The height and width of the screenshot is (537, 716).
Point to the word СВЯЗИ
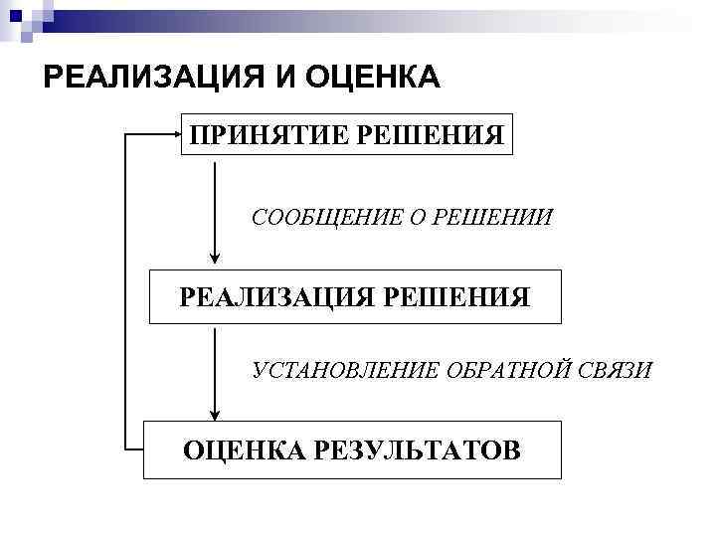click(618, 371)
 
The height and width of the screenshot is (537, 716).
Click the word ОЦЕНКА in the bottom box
click(245, 449)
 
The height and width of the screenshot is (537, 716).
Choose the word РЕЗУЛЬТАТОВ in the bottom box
click(417, 449)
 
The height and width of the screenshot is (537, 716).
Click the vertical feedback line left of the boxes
click(123, 288)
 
